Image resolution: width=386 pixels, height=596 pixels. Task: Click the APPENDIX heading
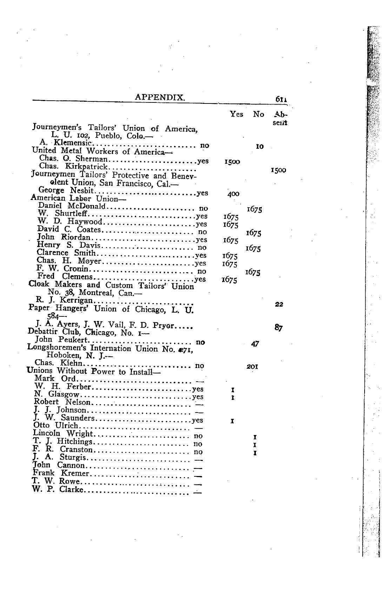(160, 97)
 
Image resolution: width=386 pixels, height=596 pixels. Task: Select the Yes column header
(236, 114)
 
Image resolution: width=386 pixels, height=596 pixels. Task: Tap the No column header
(258, 114)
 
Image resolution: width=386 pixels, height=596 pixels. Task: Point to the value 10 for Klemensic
(259, 147)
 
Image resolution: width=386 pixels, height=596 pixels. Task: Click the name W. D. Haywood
(69, 221)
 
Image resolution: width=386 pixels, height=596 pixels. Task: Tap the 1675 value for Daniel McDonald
(254, 209)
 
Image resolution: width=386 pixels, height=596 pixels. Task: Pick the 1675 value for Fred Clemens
(229, 280)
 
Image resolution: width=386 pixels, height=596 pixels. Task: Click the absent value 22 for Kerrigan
(279, 304)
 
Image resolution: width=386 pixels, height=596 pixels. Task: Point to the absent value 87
(279, 328)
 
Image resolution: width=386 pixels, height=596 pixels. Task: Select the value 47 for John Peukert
(255, 344)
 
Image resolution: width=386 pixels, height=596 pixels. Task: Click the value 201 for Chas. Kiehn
(252, 367)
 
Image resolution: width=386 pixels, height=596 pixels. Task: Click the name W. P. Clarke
(58, 489)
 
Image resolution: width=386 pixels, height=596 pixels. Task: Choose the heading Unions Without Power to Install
(93, 371)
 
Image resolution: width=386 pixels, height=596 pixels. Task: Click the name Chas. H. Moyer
(69, 261)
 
